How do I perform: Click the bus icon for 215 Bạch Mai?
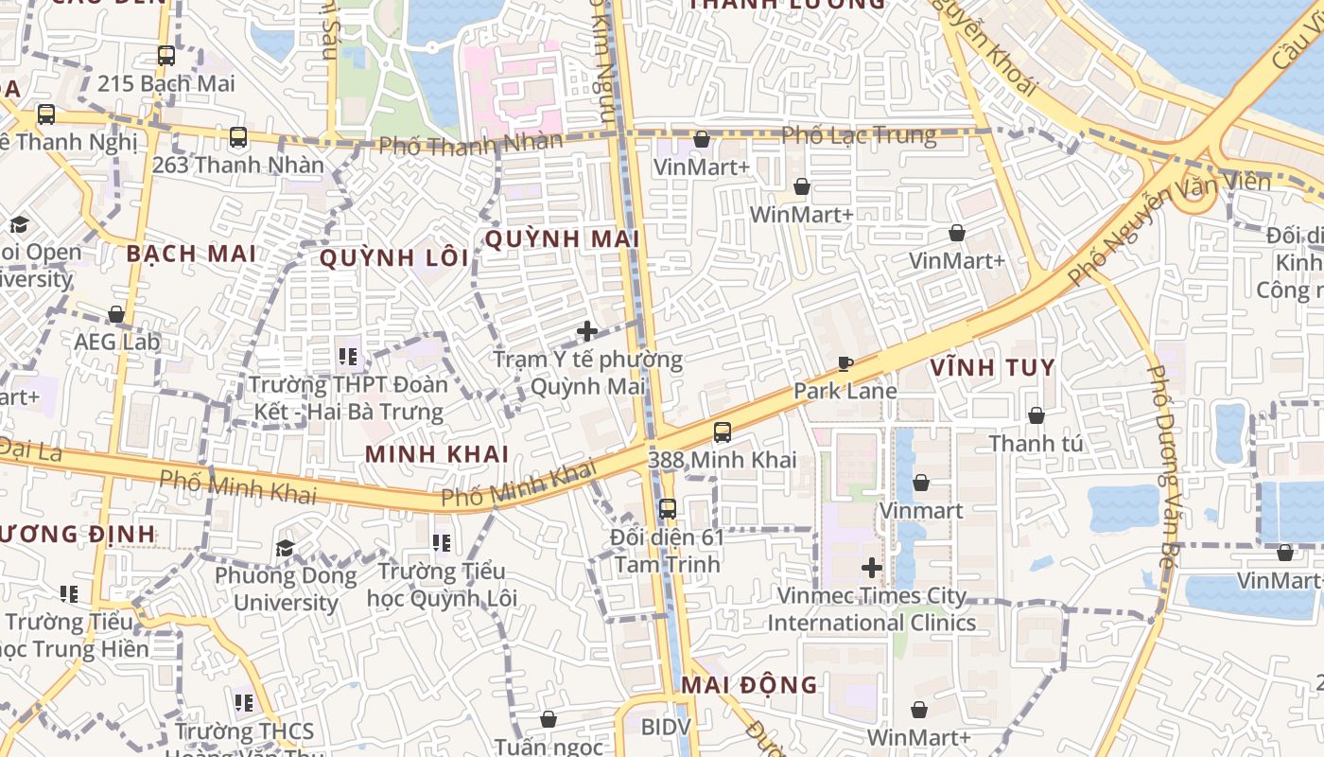(166, 56)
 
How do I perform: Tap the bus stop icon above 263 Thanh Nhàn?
(238, 137)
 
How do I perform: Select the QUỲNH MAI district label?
(562, 239)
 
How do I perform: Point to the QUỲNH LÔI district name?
(394, 258)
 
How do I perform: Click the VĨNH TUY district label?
(992, 367)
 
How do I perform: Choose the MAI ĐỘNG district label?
(749, 684)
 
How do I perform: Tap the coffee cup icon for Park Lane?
(845, 363)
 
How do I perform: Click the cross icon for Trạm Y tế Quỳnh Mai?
(587, 331)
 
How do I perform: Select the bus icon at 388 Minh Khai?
(723, 432)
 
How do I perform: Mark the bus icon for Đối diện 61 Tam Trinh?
(668, 509)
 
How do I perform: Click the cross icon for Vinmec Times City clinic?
(872, 568)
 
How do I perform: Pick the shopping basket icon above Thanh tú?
(1036, 415)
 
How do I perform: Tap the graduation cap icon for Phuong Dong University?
(285, 548)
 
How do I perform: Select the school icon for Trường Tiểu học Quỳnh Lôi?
(442, 543)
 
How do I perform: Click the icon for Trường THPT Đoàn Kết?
(347, 357)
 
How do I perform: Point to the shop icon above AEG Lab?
(116, 314)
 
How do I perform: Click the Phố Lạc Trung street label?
(859, 135)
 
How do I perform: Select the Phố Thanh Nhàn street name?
(470, 144)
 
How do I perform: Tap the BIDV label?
(666, 727)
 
